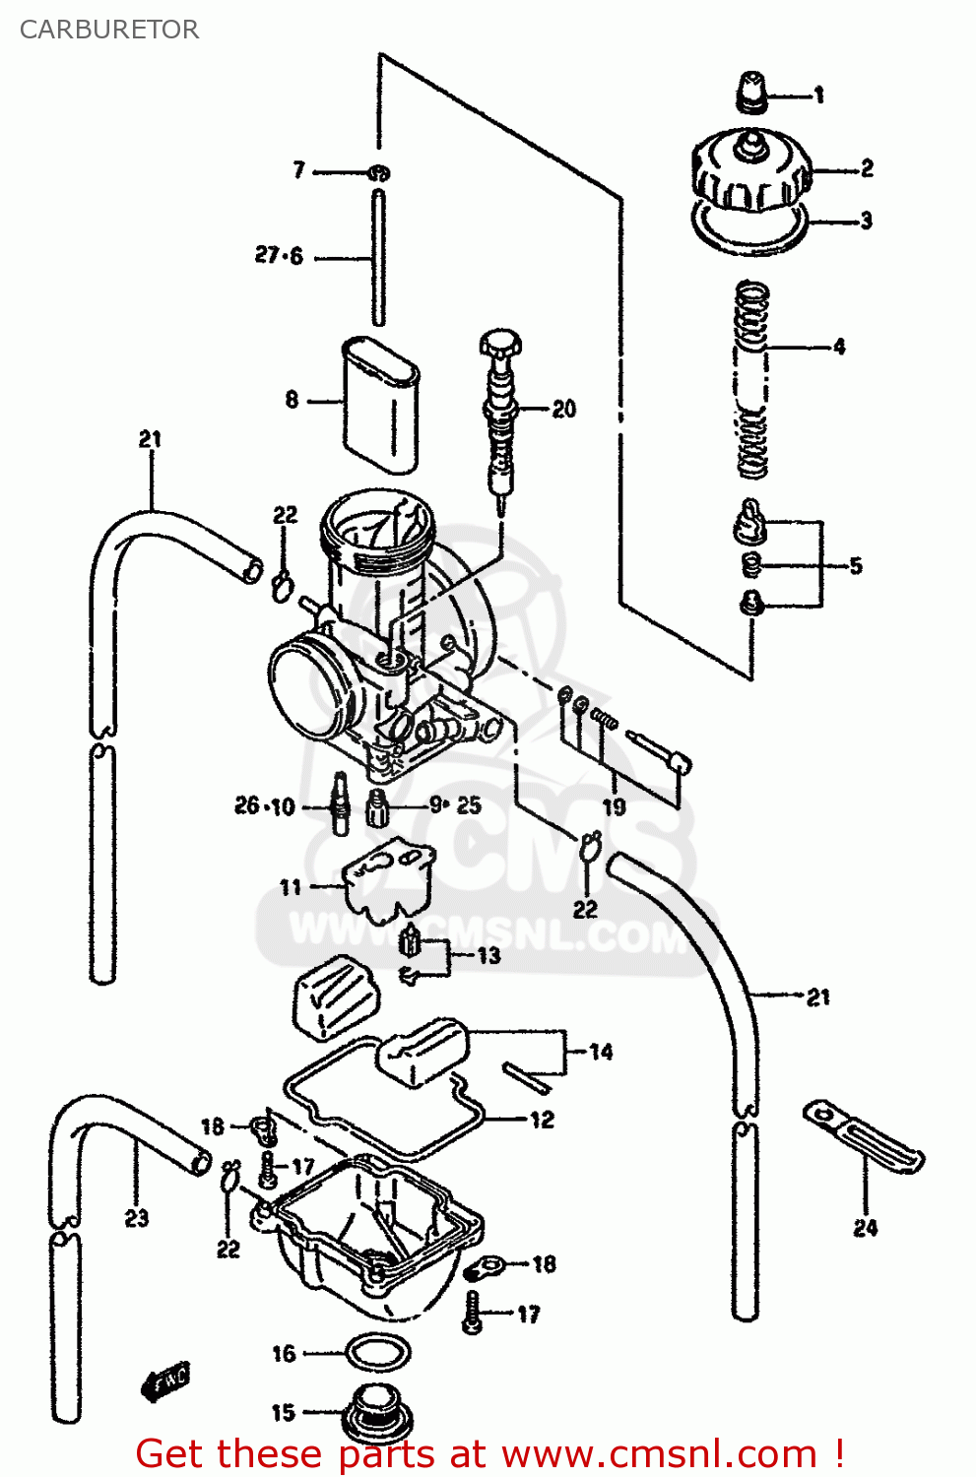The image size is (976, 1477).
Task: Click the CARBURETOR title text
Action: [x=109, y=30]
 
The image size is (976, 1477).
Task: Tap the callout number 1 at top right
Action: [x=818, y=96]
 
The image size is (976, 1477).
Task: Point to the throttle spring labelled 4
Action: [x=752, y=379]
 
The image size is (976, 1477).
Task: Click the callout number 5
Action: [x=855, y=566]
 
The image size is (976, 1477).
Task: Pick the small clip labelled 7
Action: [x=379, y=173]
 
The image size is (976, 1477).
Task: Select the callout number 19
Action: [x=614, y=807]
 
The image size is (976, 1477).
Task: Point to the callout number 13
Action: [x=488, y=956]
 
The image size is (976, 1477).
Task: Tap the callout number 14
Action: [x=601, y=1052]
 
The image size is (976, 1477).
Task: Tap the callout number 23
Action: [x=137, y=1219]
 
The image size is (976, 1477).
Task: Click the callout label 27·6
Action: [x=279, y=256]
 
